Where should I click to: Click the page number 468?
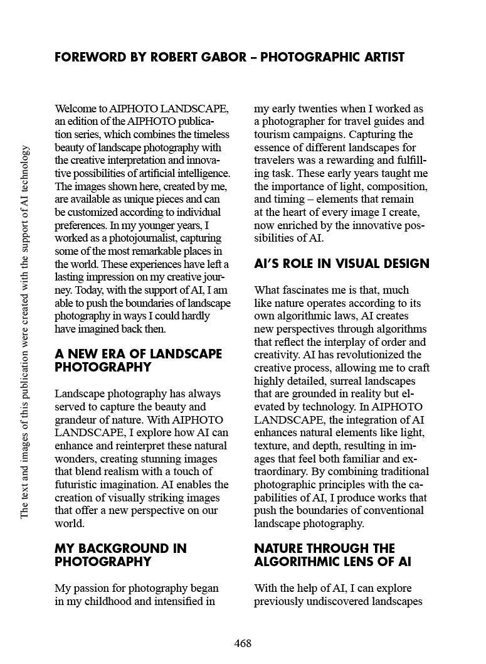click(x=243, y=644)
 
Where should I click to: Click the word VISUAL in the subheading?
click(x=351, y=264)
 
